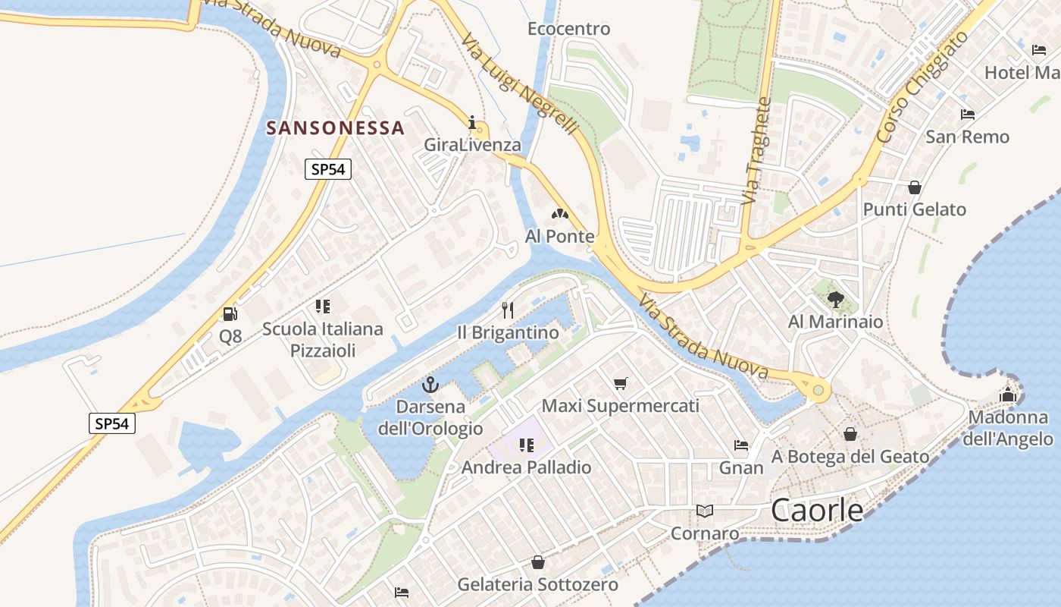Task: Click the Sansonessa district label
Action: tap(335, 127)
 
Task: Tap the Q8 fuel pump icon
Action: tap(230, 313)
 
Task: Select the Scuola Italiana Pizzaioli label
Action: tap(323, 339)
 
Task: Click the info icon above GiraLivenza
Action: tap(473, 122)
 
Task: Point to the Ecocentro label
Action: tap(568, 29)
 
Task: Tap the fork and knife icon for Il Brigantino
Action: tap(508, 310)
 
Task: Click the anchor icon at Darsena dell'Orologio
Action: tap(430, 385)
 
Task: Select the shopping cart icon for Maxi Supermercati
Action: tap(621, 383)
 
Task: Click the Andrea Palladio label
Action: tap(527, 467)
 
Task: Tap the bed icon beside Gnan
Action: tap(741, 445)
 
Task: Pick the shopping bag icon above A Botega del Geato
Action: tap(850, 434)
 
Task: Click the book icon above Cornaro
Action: tap(705, 511)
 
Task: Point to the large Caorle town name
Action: tap(817, 511)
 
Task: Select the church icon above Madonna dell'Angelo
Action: tap(1007, 395)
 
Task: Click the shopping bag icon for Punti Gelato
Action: tap(915, 187)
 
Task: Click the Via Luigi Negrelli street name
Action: tap(520, 86)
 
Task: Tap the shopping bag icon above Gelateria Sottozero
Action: tap(537, 562)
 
